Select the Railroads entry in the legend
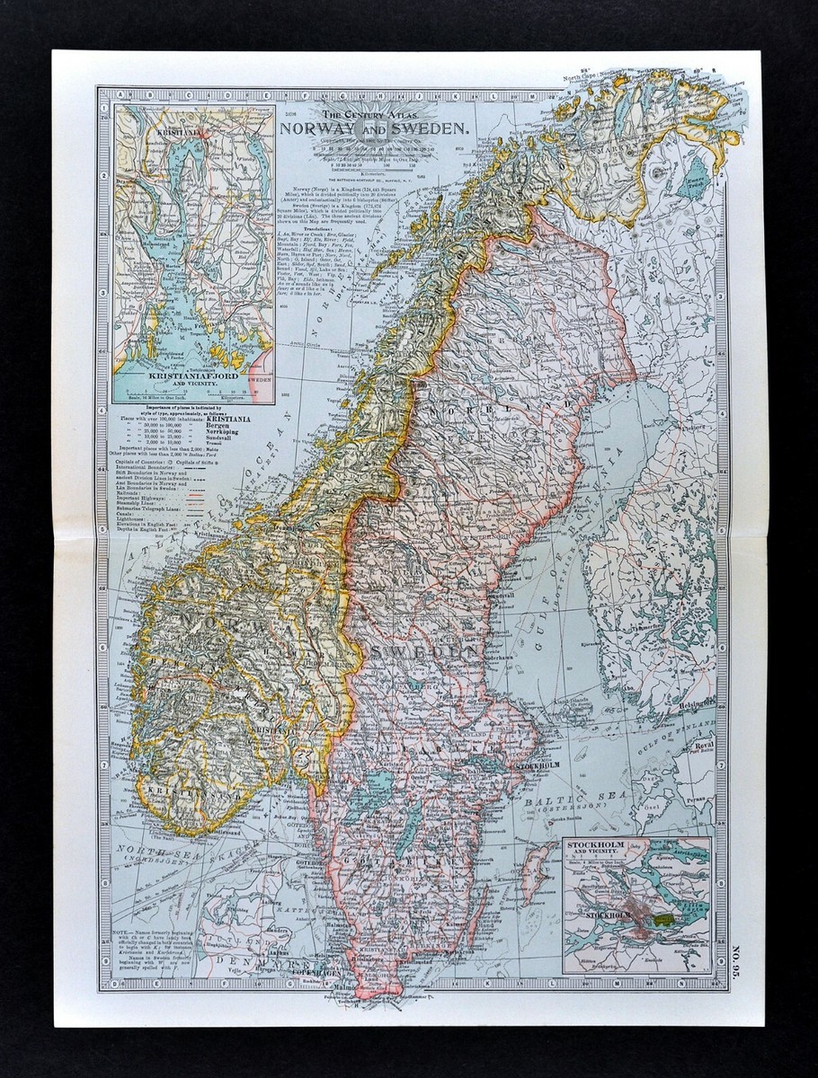[129, 493]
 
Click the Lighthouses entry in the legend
[130, 522]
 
